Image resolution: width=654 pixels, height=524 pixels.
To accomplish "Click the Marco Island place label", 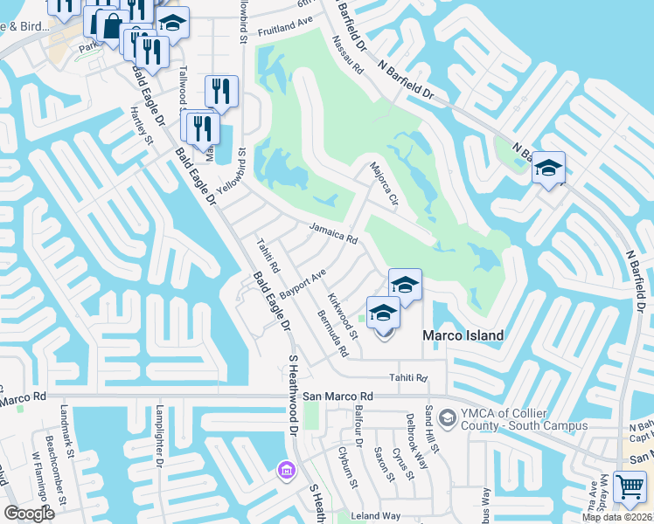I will click(463, 336).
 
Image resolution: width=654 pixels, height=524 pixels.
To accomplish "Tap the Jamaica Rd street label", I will click(333, 232).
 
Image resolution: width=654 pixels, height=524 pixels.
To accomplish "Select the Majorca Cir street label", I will click(384, 183).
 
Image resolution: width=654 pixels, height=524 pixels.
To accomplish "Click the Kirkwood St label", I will click(342, 316).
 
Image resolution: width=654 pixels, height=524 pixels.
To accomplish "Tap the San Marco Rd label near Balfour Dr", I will click(337, 396).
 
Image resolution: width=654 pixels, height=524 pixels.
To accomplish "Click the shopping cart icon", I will click(630, 486).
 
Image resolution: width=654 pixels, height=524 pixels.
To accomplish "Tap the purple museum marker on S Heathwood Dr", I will click(286, 471).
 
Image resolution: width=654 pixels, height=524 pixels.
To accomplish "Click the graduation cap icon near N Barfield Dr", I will click(548, 167).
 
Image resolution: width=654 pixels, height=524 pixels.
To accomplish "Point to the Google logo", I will click(30, 513).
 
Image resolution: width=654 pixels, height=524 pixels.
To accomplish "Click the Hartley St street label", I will click(142, 126).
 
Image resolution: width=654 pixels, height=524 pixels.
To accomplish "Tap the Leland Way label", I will click(376, 516).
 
